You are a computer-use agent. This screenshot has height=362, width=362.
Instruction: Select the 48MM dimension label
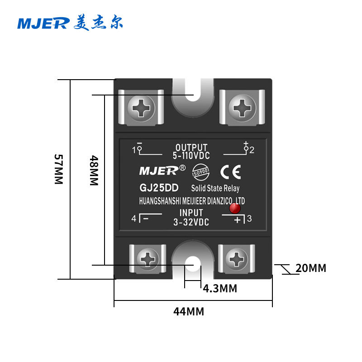click(x=94, y=170)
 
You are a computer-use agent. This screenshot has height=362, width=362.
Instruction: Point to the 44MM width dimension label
click(x=189, y=311)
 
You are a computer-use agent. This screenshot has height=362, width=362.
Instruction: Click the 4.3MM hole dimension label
click(x=220, y=288)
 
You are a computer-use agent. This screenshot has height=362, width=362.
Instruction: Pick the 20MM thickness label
click(x=310, y=268)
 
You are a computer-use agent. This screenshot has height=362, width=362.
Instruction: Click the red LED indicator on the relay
click(x=234, y=209)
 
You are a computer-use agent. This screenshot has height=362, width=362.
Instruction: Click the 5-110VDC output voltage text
click(x=191, y=155)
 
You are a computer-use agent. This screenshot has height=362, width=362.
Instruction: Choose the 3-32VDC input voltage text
click(x=191, y=222)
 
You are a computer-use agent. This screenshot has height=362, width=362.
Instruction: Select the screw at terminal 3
click(x=236, y=259)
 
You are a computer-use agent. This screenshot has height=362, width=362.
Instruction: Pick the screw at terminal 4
click(x=148, y=259)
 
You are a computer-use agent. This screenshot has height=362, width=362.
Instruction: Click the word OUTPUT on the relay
click(x=191, y=148)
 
